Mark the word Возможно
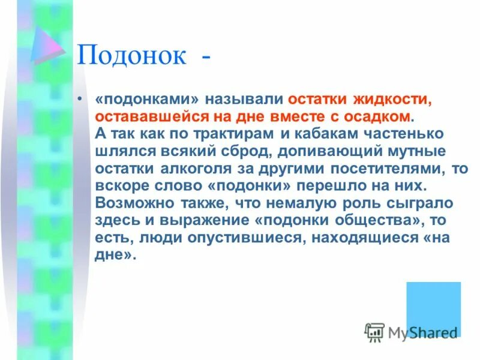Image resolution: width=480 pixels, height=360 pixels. [131, 203]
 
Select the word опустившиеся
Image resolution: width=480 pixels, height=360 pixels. [216, 238]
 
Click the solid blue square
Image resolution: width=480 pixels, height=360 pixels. [433, 308]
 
